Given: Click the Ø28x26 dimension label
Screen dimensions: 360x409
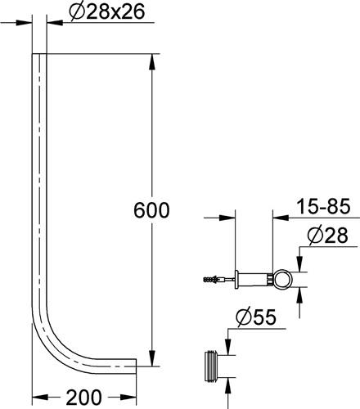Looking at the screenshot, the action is (x=106, y=12).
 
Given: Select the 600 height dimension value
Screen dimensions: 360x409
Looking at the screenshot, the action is (x=151, y=210).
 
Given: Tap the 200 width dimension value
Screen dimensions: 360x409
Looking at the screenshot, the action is (x=83, y=398).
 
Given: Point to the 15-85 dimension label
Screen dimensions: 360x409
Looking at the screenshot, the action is (x=323, y=206).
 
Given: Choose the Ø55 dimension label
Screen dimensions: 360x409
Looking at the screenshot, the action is (x=256, y=317).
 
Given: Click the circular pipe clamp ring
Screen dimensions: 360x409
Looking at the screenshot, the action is (x=283, y=279).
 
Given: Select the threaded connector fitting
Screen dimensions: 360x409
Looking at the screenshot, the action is (x=211, y=366).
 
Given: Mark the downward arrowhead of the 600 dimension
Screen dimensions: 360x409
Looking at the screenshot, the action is (x=151, y=357).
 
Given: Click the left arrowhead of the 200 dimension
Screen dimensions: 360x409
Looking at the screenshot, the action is (x=41, y=397).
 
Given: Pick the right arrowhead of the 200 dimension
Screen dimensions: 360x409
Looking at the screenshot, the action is (x=128, y=397).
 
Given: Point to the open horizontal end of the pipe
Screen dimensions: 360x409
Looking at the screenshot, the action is (x=136, y=366).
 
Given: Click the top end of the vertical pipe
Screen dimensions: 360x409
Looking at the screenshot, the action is (x=39, y=54).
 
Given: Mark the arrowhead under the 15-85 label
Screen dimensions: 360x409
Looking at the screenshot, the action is (x=281, y=218).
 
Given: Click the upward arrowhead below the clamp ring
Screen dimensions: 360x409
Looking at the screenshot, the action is (x=300, y=295).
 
